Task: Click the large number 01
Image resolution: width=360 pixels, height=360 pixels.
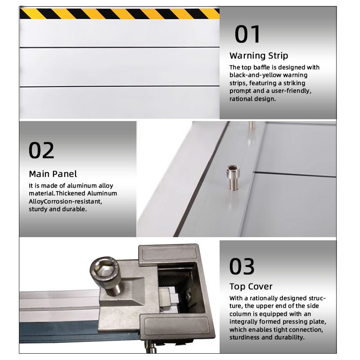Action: point(247,34)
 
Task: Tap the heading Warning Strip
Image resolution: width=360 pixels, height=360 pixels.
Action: point(259,56)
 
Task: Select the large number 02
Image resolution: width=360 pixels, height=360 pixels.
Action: point(41,150)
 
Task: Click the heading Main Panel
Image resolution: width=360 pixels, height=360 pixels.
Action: point(53,174)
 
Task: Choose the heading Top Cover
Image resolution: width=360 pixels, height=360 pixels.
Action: point(251,286)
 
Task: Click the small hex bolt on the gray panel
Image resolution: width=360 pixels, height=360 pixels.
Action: point(233,178)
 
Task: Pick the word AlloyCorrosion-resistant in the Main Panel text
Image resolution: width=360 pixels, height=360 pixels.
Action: point(65,201)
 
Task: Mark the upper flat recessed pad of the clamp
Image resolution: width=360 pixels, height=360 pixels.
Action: point(169,254)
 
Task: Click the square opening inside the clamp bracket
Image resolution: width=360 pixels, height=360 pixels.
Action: point(175,290)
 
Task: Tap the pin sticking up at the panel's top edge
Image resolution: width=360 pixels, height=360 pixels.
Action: point(252,125)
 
